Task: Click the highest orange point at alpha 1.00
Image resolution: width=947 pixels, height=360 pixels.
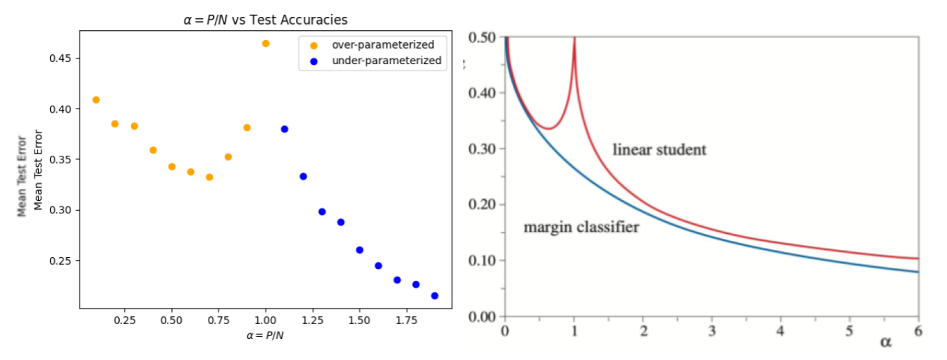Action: (266, 44)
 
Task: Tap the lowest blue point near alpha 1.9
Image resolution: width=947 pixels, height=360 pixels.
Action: (435, 296)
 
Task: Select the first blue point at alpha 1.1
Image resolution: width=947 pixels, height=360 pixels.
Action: (285, 129)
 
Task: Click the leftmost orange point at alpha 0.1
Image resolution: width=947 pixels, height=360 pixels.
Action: (96, 100)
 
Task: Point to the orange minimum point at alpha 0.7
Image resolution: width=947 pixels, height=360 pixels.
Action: (209, 177)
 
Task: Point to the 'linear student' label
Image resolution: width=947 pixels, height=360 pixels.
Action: (659, 150)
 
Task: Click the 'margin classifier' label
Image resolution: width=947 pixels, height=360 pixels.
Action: (581, 227)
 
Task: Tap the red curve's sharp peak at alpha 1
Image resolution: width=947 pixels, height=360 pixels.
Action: (574, 40)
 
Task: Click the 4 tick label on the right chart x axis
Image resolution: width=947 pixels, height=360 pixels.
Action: (780, 331)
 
